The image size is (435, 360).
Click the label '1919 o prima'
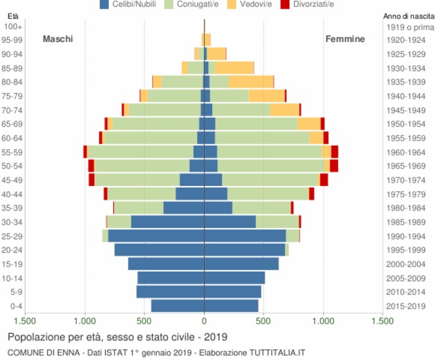click(409, 27)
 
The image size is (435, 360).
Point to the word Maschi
click(58, 39)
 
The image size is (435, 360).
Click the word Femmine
click(345, 39)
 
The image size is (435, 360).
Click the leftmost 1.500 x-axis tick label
click(25, 321)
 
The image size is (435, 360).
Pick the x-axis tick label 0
click(204, 321)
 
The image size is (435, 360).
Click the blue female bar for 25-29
click(245, 236)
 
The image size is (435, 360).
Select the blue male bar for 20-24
click(159, 250)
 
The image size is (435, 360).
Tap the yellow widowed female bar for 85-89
click(234, 68)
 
